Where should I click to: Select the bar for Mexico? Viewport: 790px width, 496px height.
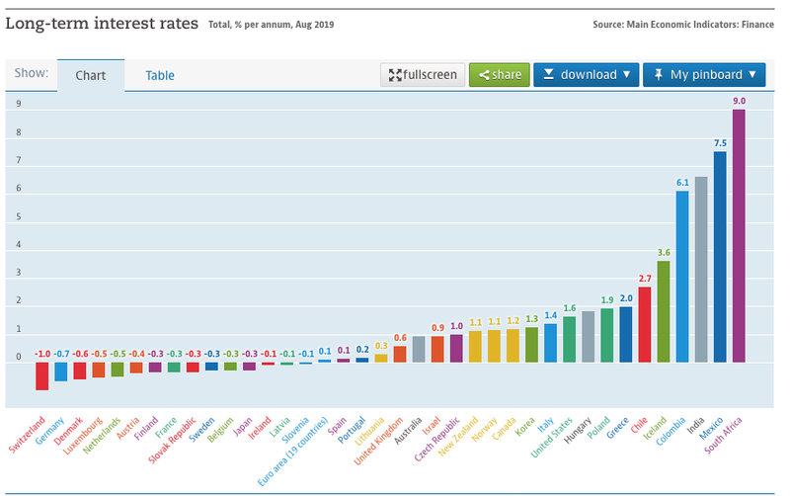click(720, 257)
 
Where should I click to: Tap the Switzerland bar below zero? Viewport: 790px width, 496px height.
click(42, 375)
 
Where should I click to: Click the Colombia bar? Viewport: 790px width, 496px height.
click(682, 277)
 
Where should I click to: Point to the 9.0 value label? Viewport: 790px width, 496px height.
click(739, 101)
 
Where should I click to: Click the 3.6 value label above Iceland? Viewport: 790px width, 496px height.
click(664, 253)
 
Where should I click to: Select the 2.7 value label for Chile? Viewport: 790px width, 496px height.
click(645, 279)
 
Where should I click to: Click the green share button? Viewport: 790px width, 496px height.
click(499, 75)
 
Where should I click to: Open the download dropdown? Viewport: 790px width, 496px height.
click(587, 75)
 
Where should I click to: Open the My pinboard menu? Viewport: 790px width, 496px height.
click(704, 75)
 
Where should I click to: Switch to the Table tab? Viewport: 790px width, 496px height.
click(160, 75)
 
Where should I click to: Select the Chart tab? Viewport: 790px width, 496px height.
click(90, 75)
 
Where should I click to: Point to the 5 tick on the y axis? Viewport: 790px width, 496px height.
click(18, 216)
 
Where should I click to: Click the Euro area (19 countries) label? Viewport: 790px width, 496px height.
click(296, 450)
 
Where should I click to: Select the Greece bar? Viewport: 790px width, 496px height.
click(626, 334)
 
